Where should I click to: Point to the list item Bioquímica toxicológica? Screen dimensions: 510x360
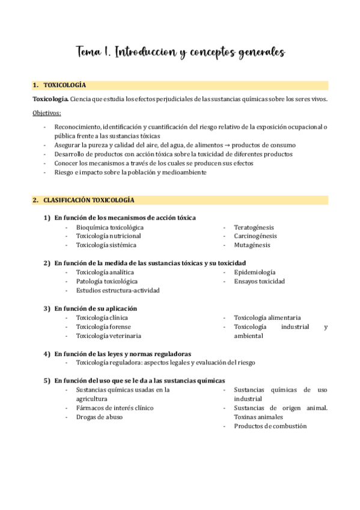(109, 227)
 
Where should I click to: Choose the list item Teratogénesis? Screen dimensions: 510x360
(254, 227)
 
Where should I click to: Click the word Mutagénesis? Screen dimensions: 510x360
(252, 245)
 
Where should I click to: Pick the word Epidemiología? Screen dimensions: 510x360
(255, 272)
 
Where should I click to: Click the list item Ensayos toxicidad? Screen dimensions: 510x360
(259, 281)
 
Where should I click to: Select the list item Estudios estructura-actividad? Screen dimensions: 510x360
(117, 290)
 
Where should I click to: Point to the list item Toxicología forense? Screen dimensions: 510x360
(102, 327)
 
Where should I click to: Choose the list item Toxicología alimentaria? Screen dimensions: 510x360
(267, 318)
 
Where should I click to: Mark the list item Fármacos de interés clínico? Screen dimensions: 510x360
(114, 408)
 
